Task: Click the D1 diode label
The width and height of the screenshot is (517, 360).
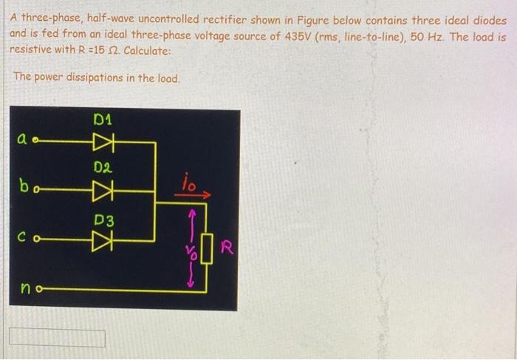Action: pos(103,118)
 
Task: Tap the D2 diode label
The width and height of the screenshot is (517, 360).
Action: pos(103,169)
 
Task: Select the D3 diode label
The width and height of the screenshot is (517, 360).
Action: pos(103,220)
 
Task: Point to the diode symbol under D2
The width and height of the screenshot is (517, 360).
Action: pos(103,189)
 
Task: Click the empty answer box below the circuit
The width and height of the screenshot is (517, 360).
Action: pos(57,338)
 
